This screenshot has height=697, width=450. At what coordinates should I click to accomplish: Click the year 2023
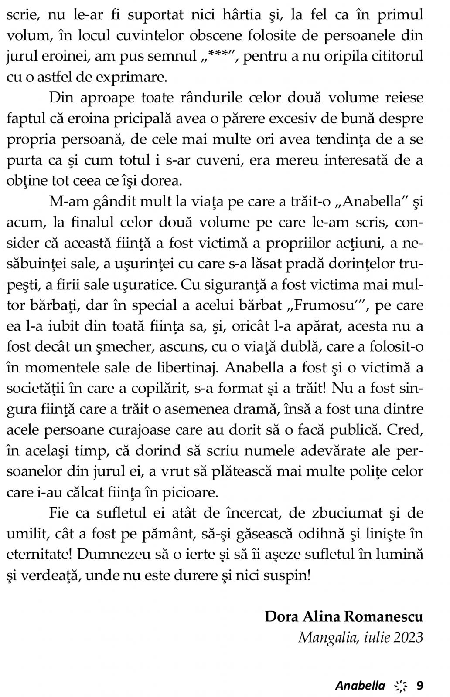[408, 637]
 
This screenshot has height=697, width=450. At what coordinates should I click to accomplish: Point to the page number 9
[419, 686]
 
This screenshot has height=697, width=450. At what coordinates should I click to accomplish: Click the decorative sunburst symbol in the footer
[400, 686]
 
